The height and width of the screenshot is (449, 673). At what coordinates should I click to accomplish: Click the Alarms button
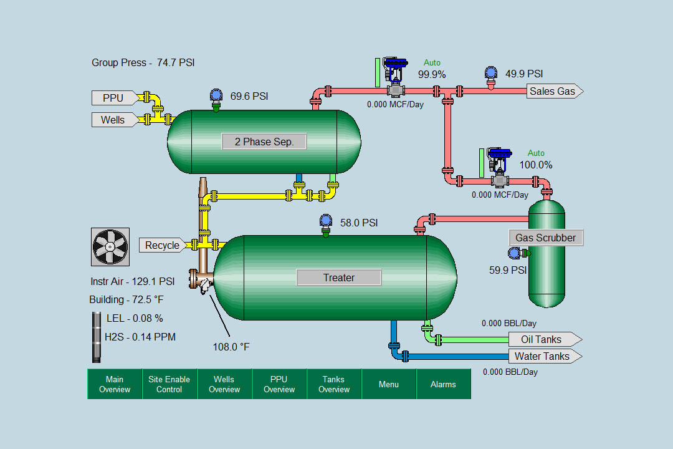pos(444,384)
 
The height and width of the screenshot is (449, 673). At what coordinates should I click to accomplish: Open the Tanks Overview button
pos(334,384)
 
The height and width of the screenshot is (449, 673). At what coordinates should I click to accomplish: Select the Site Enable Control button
pos(169,384)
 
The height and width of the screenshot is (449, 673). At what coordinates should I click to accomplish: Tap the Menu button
pos(389,384)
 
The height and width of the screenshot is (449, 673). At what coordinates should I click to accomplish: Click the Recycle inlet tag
pos(163,245)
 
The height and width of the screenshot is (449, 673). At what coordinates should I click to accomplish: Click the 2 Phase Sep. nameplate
pos(264,142)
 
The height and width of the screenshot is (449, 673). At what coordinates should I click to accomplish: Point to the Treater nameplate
pos(338,278)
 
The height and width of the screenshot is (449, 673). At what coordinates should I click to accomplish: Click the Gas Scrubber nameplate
pos(546,238)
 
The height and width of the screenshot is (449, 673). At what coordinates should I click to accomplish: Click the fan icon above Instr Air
pos(110,247)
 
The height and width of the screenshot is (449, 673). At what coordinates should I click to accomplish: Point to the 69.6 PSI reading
pos(249,96)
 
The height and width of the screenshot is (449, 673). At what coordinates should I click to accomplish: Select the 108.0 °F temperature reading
pos(231,347)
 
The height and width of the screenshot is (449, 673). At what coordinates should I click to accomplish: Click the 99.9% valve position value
pos(432,74)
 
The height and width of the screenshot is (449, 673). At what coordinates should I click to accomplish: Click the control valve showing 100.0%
pos(500,168)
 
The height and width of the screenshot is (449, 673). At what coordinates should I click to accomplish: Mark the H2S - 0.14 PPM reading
pos(140,337)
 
